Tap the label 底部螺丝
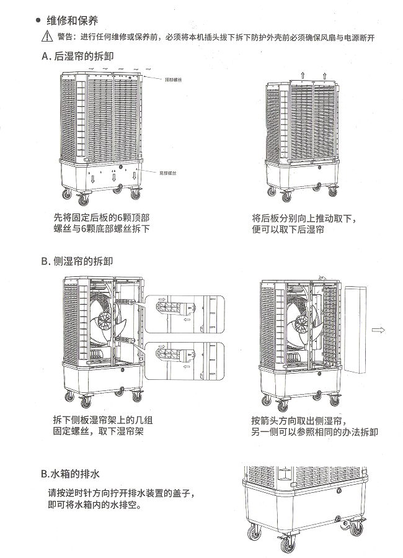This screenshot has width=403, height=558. (x=166, y=173)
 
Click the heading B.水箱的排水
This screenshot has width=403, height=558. (x=70, y=474)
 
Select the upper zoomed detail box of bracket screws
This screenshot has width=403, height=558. (x=184, y=315)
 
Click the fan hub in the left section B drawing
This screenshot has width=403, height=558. (x=105, y=322)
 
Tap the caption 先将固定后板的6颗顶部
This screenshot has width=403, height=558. (x=102, y=218)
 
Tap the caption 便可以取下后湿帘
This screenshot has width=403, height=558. (x=288, y=230)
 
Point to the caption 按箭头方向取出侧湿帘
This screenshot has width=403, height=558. (x=299, y=420)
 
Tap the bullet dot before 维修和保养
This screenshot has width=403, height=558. (x=38, y=21)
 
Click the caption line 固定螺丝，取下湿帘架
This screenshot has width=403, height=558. (x=98, y=431)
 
